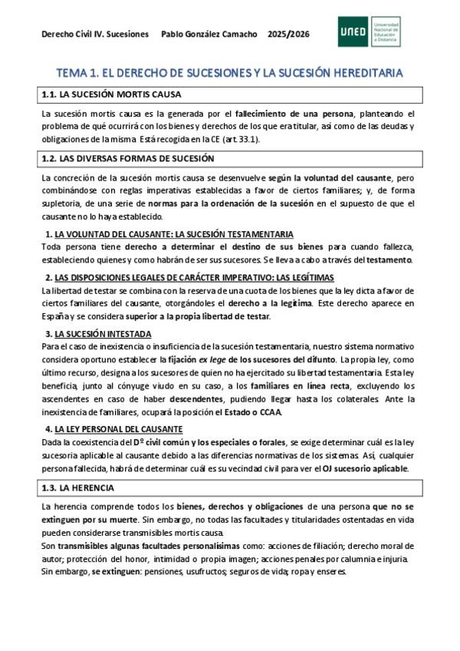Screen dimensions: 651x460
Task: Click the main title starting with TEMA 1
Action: click(x=229, y=73)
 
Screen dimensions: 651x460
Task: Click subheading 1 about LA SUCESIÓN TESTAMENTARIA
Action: click(x=169, y=233)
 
